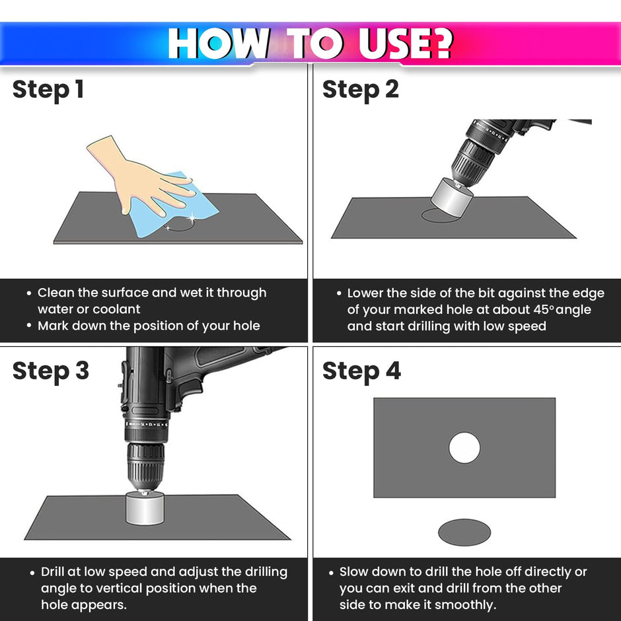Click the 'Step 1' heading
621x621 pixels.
pyautogui.click(x=48, y=89)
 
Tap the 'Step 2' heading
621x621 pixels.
pyautogui.click(x=361, y=89)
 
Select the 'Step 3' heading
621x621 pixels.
pyautogui.click(x=51, y=371)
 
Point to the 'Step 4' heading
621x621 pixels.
pyautogui.click(x=361, y=371)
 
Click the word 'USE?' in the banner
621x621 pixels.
pyautogui.click(x=405, y=43)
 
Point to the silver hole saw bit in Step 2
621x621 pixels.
pyautogui.click(x=451, y=198)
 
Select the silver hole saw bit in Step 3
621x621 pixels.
pyautogui.click(x=145, y=508)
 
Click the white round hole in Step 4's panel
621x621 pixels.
pyautogui.click(x=464, y=447)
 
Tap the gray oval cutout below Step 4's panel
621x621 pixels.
pyautogui.click(x=464, y=532)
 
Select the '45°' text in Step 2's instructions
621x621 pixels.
pyautogui.click(x=544, y=309)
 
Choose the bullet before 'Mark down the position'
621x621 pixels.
pyautogui.click(x=29, y=326)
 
